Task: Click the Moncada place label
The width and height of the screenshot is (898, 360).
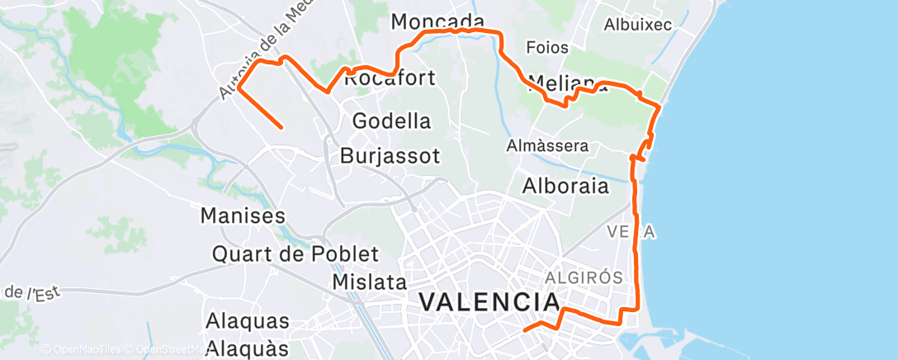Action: click(x=437, y=21)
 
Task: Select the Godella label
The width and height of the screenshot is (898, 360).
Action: click(x=391, y=121)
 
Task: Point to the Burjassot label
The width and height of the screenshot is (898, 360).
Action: click(x=390, y=155)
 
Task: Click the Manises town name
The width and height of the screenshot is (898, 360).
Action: click(x=243, y=216)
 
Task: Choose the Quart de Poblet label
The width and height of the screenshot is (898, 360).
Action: click(x=295, y=254)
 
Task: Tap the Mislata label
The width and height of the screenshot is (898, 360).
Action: click(x=369, y=282)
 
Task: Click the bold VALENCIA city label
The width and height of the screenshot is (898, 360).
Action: click(x=485, y=301)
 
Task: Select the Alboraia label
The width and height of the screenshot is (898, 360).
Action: click(x=565, y=186)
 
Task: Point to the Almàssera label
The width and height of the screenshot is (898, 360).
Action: click(x=547, y=146)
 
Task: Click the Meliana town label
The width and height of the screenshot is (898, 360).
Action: click(x=561, y=83)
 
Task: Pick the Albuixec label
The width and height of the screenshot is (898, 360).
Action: click(x=637, y=25)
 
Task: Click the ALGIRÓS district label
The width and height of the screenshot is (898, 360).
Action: click(x=583, y=277)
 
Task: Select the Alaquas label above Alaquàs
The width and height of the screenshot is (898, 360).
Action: click(x=248, y=321)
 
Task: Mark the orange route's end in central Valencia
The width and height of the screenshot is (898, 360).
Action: click(x=525, y=329)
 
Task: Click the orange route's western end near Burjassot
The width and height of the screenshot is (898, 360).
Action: click(x=282, y=127)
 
